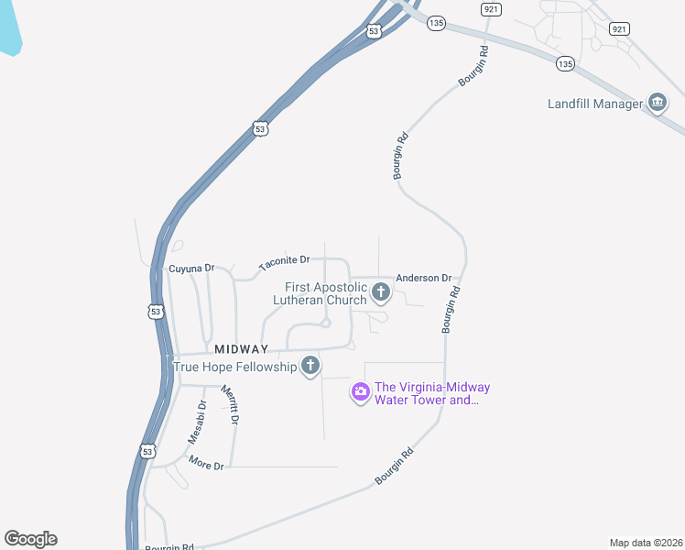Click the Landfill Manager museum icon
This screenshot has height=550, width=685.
click(x=657, y=103)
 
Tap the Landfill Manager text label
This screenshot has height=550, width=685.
click(x=595, y=104)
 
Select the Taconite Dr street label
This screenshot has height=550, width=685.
click(x=285, y=263)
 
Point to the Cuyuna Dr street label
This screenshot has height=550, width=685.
click(x=191, y=269)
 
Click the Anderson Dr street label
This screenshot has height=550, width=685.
click(x=423, y=278)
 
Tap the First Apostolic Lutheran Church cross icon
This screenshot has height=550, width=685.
click(x=381, y=293)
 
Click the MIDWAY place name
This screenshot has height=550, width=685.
click(x=242, y=349)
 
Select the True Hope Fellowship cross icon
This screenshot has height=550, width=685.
click(x=310, y=367)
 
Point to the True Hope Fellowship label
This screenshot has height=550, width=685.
click(x=235, y=367)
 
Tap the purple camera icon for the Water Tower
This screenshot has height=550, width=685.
click(x=360, y=392)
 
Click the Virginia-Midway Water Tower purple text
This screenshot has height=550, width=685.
click(x=427, y=392)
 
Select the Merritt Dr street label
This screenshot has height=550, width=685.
click(x=228, y=404)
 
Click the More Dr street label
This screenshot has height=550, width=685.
click(x=206, y=465)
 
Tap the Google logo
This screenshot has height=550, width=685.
click(x=30, y=539)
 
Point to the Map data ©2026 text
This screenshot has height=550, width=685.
click(x=647, y=543)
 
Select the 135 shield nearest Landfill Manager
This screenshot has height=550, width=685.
click(x=565, y=63)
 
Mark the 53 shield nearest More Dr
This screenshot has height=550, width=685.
click(x=149, y=451)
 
